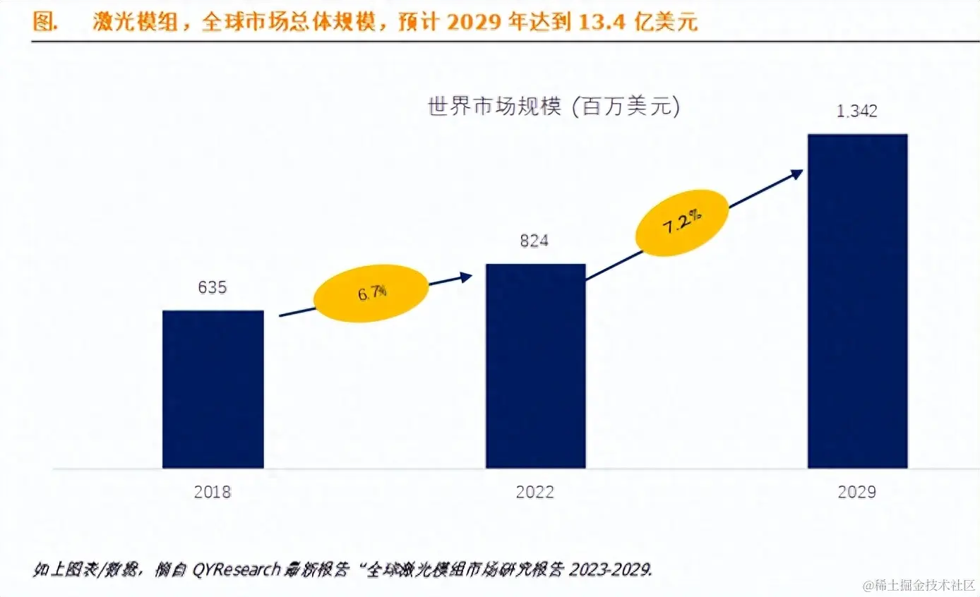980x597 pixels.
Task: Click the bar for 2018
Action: click(213, 389)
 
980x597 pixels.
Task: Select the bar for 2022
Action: click(535, 366)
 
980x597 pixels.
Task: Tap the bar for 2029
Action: click(857, 301)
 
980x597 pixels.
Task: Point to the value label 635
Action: click(212, 288)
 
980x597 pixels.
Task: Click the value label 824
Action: click(534, 241)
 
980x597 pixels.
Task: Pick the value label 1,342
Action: click(856, 111)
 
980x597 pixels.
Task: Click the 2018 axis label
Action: click(213, 492)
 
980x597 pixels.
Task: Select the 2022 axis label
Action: click(535, 492)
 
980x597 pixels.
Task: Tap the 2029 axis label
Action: click(857, 492)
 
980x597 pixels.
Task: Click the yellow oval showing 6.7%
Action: click(371, 292)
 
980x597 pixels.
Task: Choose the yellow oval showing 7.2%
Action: click(681, 222)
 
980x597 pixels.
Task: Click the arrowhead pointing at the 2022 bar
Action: click(465, 277)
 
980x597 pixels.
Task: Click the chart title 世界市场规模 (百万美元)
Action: click(554, 107)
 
